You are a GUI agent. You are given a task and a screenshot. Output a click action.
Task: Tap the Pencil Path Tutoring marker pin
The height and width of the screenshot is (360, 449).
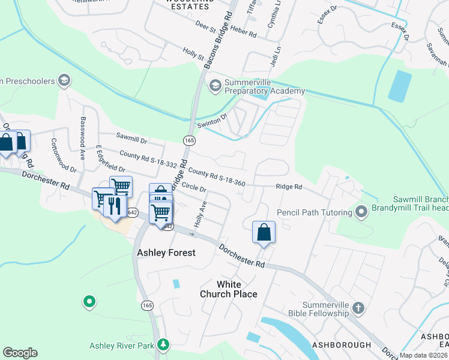(x=361, y=212)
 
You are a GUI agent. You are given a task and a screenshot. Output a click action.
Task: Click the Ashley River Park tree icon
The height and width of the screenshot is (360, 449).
(x=162, y=344)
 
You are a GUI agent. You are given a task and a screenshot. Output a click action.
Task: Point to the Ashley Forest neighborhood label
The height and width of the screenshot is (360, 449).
(x=166, y=253)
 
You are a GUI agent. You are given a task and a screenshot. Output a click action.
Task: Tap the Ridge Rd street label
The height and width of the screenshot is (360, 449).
(x=289, y=187)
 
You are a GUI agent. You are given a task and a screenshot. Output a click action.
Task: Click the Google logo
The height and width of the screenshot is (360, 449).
(x=20, y=353)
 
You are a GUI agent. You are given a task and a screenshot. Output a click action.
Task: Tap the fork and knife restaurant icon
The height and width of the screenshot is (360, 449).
(x=114, y=206)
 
